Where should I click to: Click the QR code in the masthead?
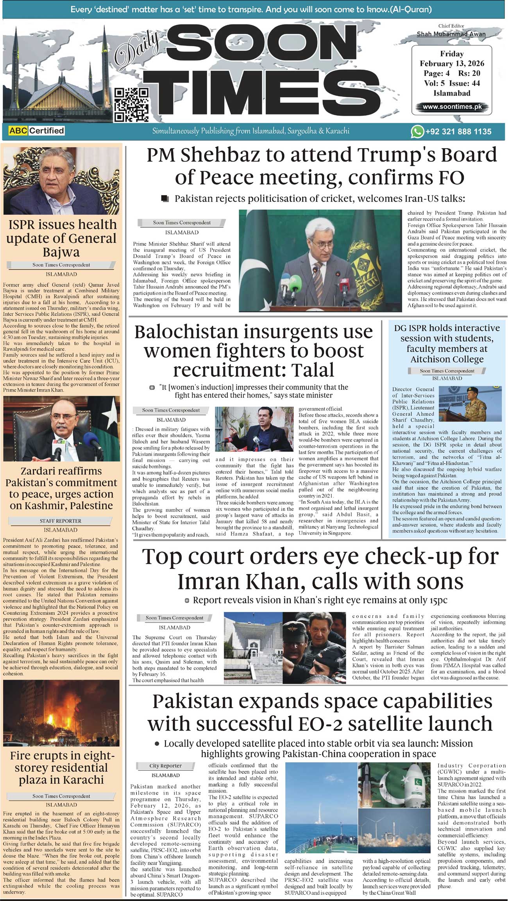[x=131, y=104]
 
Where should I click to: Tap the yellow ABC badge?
[x=18, y=131]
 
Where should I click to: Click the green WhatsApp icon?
[x=417, y=132]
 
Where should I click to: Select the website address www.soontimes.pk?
[x=452, y=107]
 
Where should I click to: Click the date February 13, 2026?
[x=452, y=63]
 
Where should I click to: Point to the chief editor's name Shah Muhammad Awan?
[x=451, y=34]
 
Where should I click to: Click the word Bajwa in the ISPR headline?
[x=61, y=252]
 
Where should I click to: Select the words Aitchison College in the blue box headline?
[x=447, y=359]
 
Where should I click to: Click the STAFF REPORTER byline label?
[x=61, y=521]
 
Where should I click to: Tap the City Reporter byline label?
[x=165, y=766]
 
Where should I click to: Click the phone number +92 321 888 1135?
[x=458, y=132]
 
